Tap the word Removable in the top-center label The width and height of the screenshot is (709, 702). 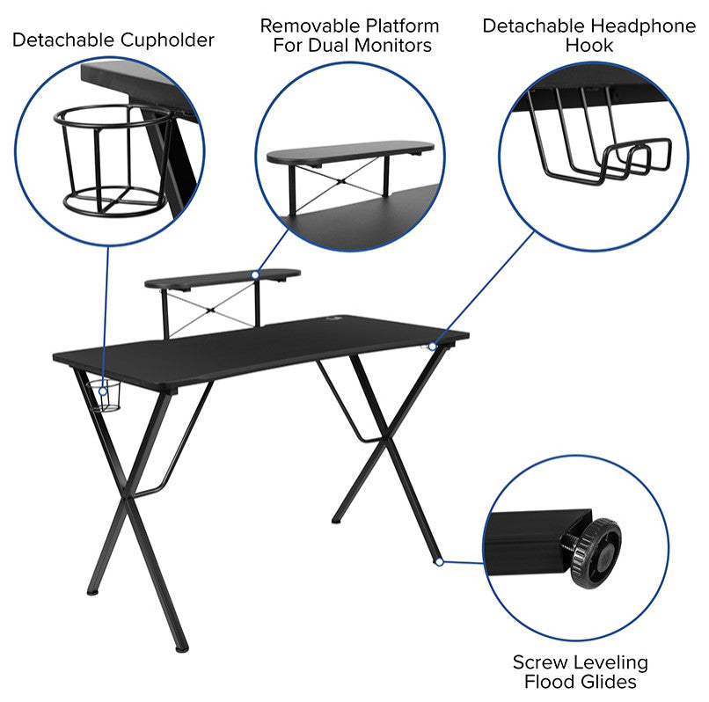point(304,25)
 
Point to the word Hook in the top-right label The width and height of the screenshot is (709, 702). point(590,45)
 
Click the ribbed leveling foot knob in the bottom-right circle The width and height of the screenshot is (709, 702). point(595,552)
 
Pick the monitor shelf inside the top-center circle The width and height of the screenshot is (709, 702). point(350,155)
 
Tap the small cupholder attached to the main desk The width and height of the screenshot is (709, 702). point(107,397)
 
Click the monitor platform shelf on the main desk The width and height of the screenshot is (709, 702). point(222,279)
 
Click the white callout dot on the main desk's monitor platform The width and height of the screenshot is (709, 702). point(255,275)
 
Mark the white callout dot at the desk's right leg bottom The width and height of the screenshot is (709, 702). point(438,560)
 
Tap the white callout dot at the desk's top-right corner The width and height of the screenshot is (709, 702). point(432,346)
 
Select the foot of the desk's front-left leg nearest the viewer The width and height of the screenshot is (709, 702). point(181,648)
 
